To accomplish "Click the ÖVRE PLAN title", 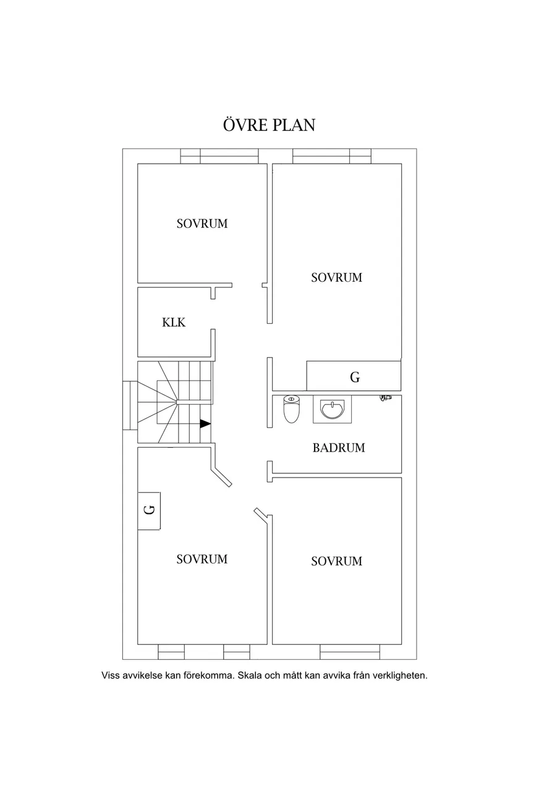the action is (x=269, y=125).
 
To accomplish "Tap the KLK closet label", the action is (x=174, y=322).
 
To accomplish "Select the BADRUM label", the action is (x=339, y=448).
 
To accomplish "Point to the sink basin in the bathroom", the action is (x=332, y=409).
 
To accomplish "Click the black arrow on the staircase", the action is (x=205, y=424).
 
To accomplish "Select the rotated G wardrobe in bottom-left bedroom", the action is (x=149, y=511).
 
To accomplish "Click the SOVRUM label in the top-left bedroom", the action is (x=202, y=224).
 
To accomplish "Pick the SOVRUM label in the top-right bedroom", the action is (x=336, y=277).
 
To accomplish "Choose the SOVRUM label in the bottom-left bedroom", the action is (x=202, y=559).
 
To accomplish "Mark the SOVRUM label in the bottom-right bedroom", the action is (x=336, y=561).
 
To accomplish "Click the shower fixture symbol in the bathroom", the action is (x=386, y=397).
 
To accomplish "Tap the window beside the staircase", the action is (x=130, y=405).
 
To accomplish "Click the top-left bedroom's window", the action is (x=219, y=156).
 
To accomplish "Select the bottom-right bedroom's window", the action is (x=349, y=652).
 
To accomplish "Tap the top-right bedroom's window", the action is (x=332, y=156).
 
